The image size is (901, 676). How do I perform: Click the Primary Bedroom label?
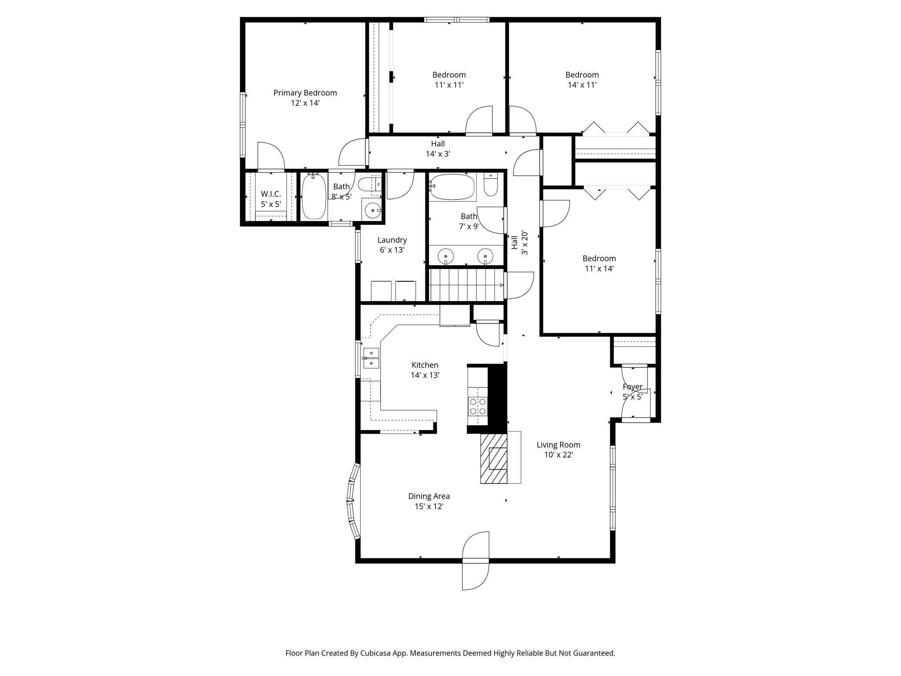[x=305, y=93]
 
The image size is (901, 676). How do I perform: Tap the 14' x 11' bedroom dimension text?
[x=582, y=85]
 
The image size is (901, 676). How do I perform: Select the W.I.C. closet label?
[x=271, y=194]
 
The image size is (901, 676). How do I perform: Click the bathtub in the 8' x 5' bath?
[x=314, y=196]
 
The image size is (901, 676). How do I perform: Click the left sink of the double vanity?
[x=446, y=256]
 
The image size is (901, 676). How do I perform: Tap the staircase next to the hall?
[x=466, y=285]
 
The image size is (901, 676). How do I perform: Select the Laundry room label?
[x=392, y=240]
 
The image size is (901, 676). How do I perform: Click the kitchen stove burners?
[x=478, y=406]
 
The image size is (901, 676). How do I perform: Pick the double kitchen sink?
[x=371, y=358]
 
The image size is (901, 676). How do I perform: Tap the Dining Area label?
[x=429, y=496]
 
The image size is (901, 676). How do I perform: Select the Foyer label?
[x=633, y=387]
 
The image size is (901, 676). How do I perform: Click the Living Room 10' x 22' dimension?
[x=558, y=455]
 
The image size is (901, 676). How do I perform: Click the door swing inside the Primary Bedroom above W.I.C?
[x=270, y=156]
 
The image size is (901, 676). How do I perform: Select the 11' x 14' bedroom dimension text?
[x=599, y=268]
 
